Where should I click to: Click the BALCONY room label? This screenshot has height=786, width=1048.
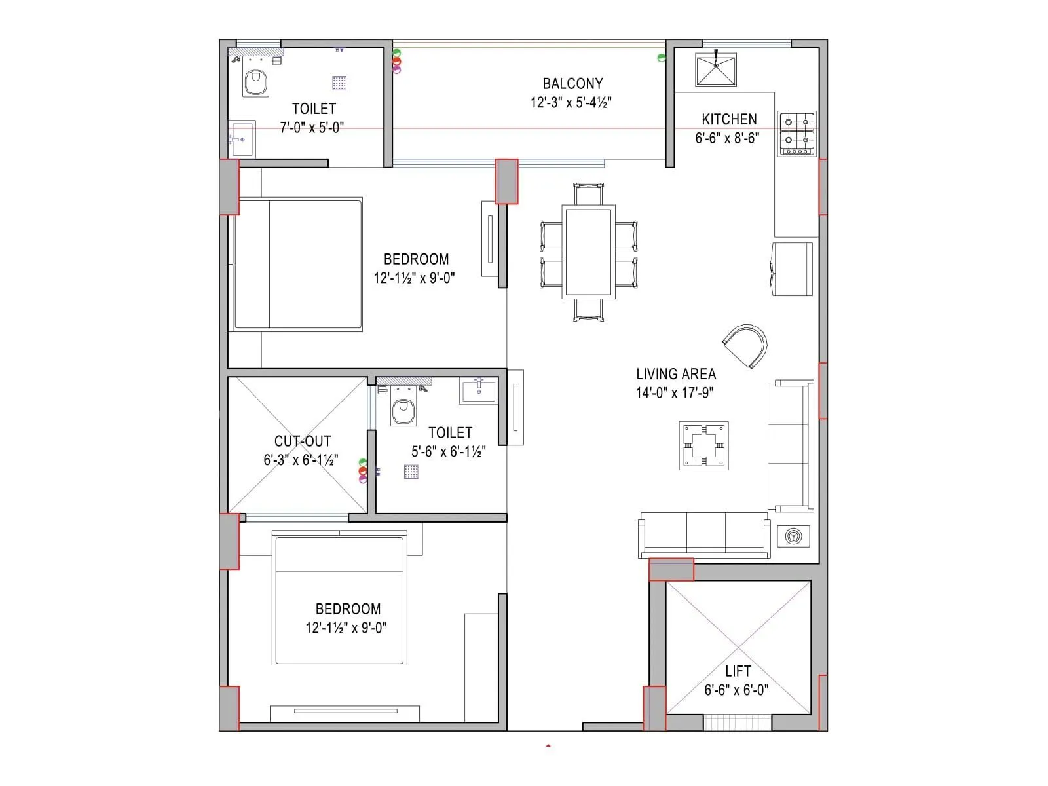(572, 84)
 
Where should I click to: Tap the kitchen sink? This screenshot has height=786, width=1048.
(716, 70)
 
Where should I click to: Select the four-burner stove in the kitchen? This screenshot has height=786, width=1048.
(797, 134)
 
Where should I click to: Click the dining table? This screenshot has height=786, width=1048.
(588, 252)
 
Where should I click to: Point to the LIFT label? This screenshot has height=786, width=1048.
(738, 671)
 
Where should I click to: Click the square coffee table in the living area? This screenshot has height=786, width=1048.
(703, 445)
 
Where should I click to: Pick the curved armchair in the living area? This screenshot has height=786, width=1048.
(746, 345)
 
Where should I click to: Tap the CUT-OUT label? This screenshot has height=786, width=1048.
(303, 441)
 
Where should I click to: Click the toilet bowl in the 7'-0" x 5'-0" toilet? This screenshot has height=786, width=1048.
(255, 83)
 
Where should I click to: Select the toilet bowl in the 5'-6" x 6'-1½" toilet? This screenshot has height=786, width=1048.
(403, 411)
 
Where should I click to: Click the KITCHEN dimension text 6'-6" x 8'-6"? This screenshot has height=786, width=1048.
(727, 138)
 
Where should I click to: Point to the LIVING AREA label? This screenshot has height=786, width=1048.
(676, 374)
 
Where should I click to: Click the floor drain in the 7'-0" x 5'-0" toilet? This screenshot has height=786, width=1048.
(339, 83)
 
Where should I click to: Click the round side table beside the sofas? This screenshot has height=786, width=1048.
(793, 536)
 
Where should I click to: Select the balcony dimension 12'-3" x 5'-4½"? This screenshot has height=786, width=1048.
(571, 103)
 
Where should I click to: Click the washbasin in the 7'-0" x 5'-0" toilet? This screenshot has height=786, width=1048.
(241, 139)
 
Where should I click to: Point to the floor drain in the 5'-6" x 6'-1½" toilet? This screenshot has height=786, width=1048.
(411, 472)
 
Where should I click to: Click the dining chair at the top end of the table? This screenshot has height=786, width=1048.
(588, 195)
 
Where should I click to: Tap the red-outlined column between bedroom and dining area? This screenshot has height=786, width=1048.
(506, 181)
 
